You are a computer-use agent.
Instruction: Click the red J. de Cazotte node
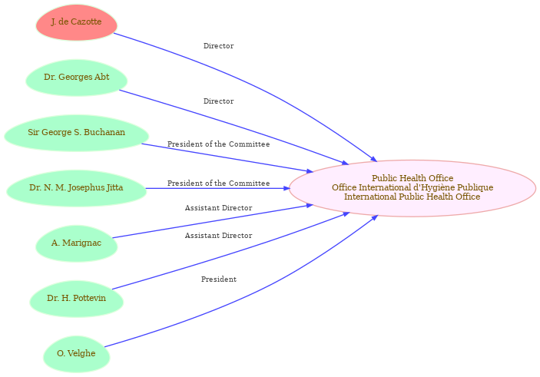[x=77, y=22]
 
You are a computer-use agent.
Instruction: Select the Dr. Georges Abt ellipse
[x=77, y=78]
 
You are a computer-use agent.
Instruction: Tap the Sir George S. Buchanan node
[x=77, y=133]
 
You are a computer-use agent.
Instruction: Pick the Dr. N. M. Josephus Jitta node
[x=77, y=188]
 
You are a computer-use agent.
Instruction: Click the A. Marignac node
[x=77, y=243]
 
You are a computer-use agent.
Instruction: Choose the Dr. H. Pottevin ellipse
[x=77, y=299]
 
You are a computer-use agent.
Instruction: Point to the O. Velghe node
[x=77, y=354]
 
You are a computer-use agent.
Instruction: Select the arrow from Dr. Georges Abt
[x=234, y=126]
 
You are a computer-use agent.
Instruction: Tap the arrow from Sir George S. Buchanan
[x=227, y=157]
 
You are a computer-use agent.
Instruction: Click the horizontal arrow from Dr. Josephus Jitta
[x=217, y=188]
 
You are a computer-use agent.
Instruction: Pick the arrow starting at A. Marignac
[x=213, y=221]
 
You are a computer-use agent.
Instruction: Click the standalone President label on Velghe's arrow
[x=219, y=279]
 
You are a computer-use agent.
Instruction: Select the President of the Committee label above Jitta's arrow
[x=219, y=184]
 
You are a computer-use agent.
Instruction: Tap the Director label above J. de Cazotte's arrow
[x=219, y=46]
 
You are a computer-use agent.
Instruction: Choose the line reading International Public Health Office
[x=412, y=197]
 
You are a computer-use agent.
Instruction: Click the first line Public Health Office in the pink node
[x=412, y=178]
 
